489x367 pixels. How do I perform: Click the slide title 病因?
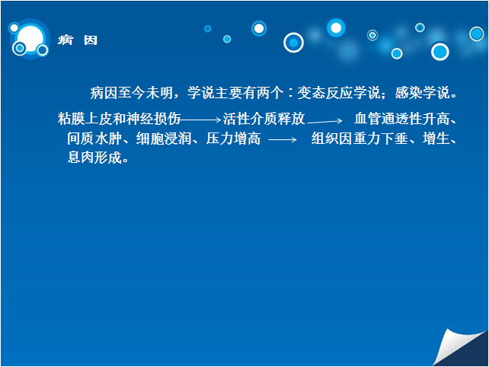tap(78, 40)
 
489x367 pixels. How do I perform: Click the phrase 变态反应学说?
tap(339, 93)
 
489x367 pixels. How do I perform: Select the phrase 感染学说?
tap(422, 93)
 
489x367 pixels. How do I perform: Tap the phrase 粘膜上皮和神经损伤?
tap(120, 119)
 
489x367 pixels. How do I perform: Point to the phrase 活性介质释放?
tap(264, 119)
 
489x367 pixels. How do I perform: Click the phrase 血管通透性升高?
tap(401, 119)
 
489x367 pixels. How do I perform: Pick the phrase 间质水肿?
tap(94, 139)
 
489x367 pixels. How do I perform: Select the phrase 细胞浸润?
tap(164, 139)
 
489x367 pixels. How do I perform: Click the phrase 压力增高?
tap(233, 139)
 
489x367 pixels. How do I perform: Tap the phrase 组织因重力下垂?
tap(360, 139)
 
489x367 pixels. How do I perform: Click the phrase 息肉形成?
tap(94, 157)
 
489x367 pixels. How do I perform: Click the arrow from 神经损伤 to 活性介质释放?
tap(200, 120)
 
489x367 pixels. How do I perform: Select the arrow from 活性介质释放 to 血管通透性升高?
tap(324, 121)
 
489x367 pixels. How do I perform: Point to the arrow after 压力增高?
tap(283, 139)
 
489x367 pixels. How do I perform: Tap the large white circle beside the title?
tap(30, 39)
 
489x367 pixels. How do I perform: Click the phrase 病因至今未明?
tap(132, 93)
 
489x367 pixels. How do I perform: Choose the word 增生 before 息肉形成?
tap(436, 139)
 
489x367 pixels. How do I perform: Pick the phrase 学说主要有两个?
tap(235, 93)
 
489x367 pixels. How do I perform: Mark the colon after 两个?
tap(290, 93)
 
